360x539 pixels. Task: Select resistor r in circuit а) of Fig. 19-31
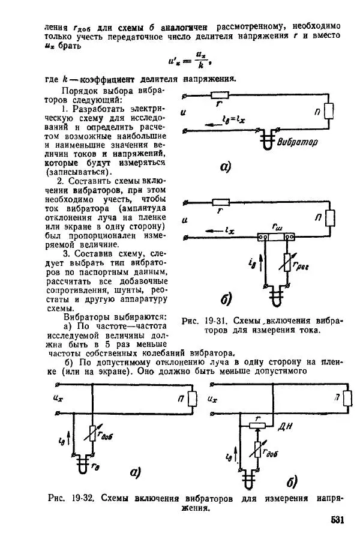click(x=219, y=94)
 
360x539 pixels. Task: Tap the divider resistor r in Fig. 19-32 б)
click(x=258, y=425)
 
